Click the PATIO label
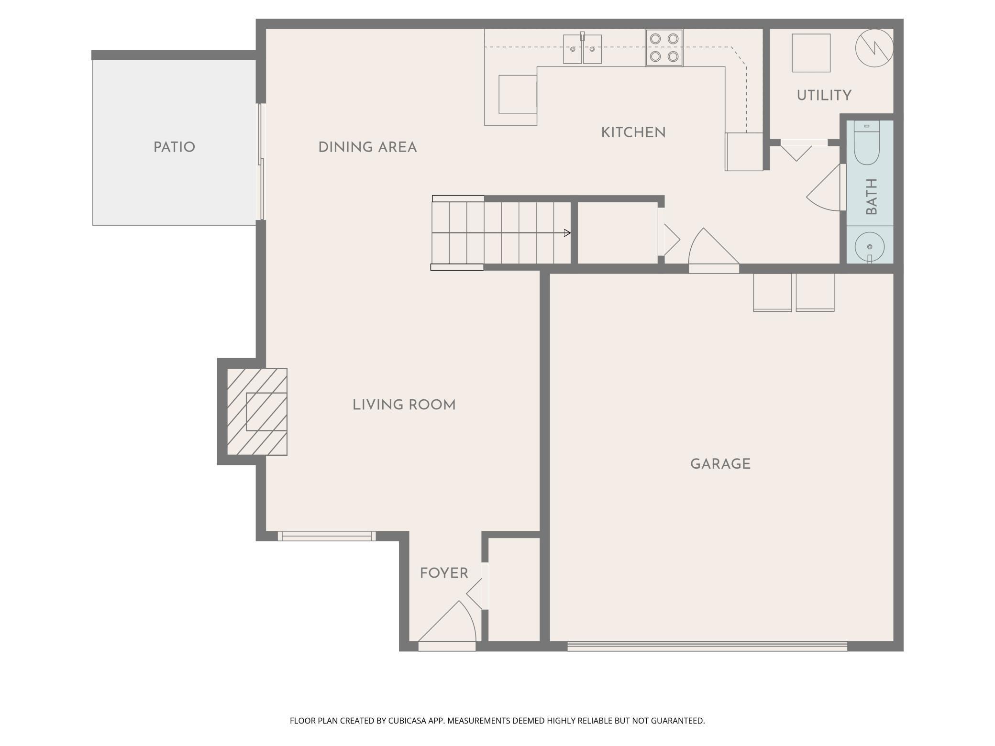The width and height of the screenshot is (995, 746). (x=174, y=147)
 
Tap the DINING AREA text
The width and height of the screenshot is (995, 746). (x=367, y=147)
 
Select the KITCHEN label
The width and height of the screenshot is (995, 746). (x=633, y=132)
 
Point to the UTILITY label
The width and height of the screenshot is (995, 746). (x=824, y=96)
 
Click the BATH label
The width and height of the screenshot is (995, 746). (x=872, y=197)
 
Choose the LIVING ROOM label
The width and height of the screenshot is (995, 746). (x=404, y=405)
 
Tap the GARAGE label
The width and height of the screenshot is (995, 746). (x=720, y=464)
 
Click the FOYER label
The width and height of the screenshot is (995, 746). (x=444, y=573)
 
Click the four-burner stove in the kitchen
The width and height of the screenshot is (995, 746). (x=664, y=48)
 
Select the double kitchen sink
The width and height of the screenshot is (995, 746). (x=582, y=49)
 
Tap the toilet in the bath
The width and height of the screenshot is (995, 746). (x=867, y=143)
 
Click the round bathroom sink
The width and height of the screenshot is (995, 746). (x=870, y=247)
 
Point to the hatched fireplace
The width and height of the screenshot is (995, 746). (x=257, y=412)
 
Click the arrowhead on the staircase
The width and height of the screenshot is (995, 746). (x=567, y=233)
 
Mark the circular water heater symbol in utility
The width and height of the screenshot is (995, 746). (x=874, y=48)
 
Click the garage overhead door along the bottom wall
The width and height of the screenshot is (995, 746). (x=707, y=646)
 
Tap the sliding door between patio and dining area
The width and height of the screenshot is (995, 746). (x=261, y=162)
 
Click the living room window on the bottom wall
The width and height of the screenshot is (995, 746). (x=327, y=536)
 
